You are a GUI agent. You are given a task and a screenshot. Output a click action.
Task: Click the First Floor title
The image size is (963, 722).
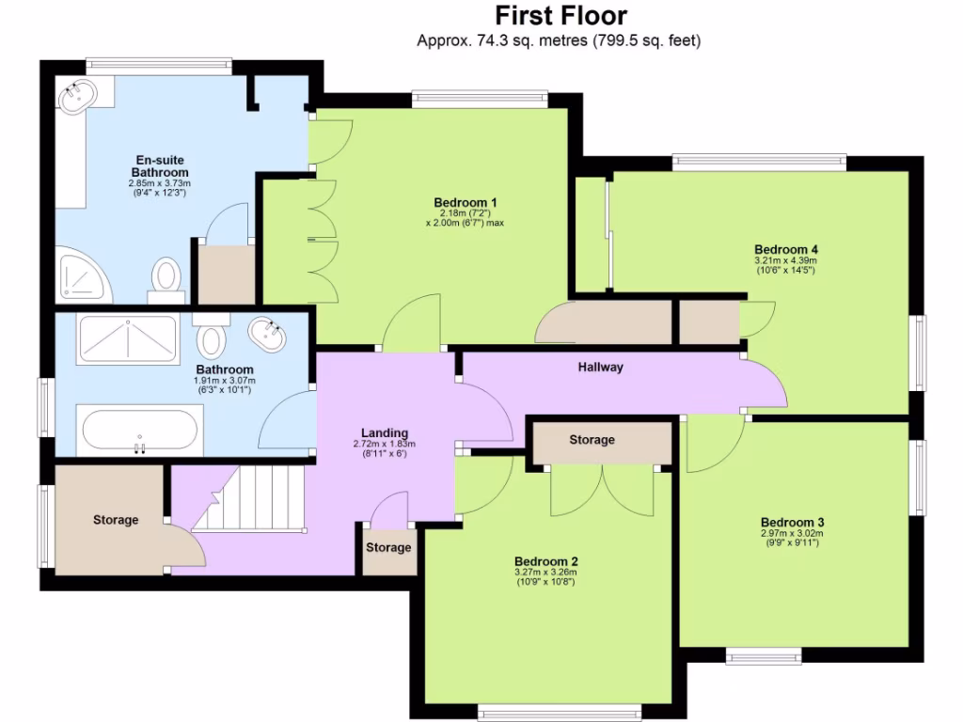[x=560, y=16]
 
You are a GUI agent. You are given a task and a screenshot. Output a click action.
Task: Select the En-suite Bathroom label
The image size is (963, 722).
[x=160, y=166]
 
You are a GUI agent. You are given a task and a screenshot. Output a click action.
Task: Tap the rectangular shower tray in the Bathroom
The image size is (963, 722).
[x=127, y=338]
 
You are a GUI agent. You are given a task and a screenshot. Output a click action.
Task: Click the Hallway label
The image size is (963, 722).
[x=600, y=368]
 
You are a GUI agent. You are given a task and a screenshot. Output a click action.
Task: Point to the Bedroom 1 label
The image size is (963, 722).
[x=465, y=202]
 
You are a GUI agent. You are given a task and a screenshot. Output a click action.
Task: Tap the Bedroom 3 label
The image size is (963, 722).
[x=792, y=522]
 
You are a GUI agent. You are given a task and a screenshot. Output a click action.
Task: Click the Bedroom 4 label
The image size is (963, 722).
[x=785, y=249]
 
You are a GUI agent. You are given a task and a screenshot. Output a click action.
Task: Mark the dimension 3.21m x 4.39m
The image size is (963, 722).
[x=785, y=260]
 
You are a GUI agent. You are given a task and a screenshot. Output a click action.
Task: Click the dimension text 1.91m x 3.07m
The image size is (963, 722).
[x=225, y=380]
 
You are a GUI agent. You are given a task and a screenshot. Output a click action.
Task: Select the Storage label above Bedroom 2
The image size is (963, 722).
[x=592, y=440]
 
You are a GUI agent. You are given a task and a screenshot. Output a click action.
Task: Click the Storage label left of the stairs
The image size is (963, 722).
[x=115, y=520]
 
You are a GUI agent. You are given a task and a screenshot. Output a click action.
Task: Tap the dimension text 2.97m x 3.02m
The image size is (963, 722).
[x=792, y=533]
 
